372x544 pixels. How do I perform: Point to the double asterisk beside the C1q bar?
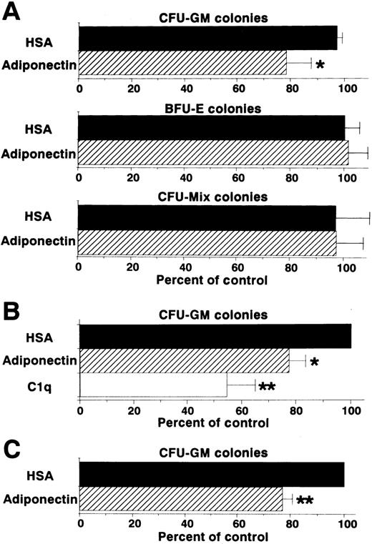[x=267, y=387]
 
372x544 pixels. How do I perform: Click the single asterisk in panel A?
[x=320, y=66]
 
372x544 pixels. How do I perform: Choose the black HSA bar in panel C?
[x=212, y=474]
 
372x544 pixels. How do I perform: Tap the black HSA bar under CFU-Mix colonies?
[x=207, y=217]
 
